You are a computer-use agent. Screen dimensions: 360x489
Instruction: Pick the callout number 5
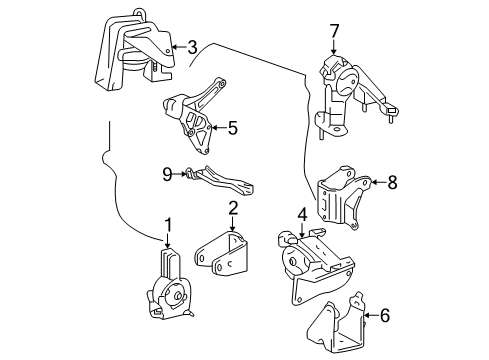tap(232, 127)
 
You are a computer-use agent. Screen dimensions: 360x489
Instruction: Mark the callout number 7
tap(335, 31)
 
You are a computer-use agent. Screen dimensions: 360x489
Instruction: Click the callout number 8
tap(392, 182)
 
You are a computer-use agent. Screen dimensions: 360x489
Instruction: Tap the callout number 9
tap(168, 172)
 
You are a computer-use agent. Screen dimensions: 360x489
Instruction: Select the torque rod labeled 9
tap(222, 182)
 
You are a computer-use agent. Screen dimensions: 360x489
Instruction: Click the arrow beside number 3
tap(176, 45)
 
